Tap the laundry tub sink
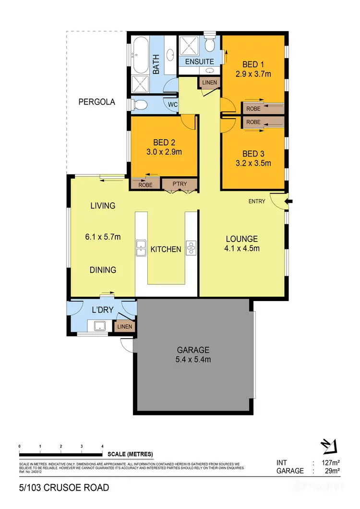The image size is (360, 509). coord(100,327)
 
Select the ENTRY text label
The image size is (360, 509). coord(256,201)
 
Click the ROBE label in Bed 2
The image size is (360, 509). coord(145,184)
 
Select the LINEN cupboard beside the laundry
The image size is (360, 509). coord(124,327)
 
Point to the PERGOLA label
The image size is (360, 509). coord(97,102)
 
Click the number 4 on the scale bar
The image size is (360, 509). coord(103,447)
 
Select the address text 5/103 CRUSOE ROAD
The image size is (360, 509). coord(64,488)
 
